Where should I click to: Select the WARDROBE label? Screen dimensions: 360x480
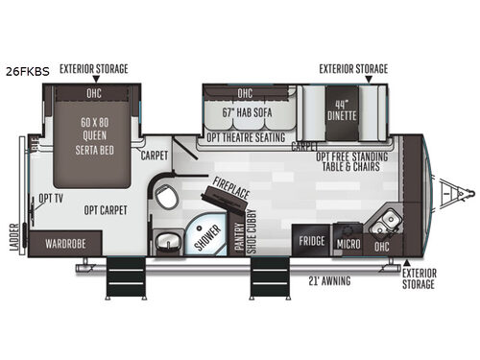coord(63,244)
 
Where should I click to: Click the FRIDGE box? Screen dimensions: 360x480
coord(310,241)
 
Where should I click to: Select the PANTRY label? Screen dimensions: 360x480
coord(240,236)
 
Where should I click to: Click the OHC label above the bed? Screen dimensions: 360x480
coord(94,94)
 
